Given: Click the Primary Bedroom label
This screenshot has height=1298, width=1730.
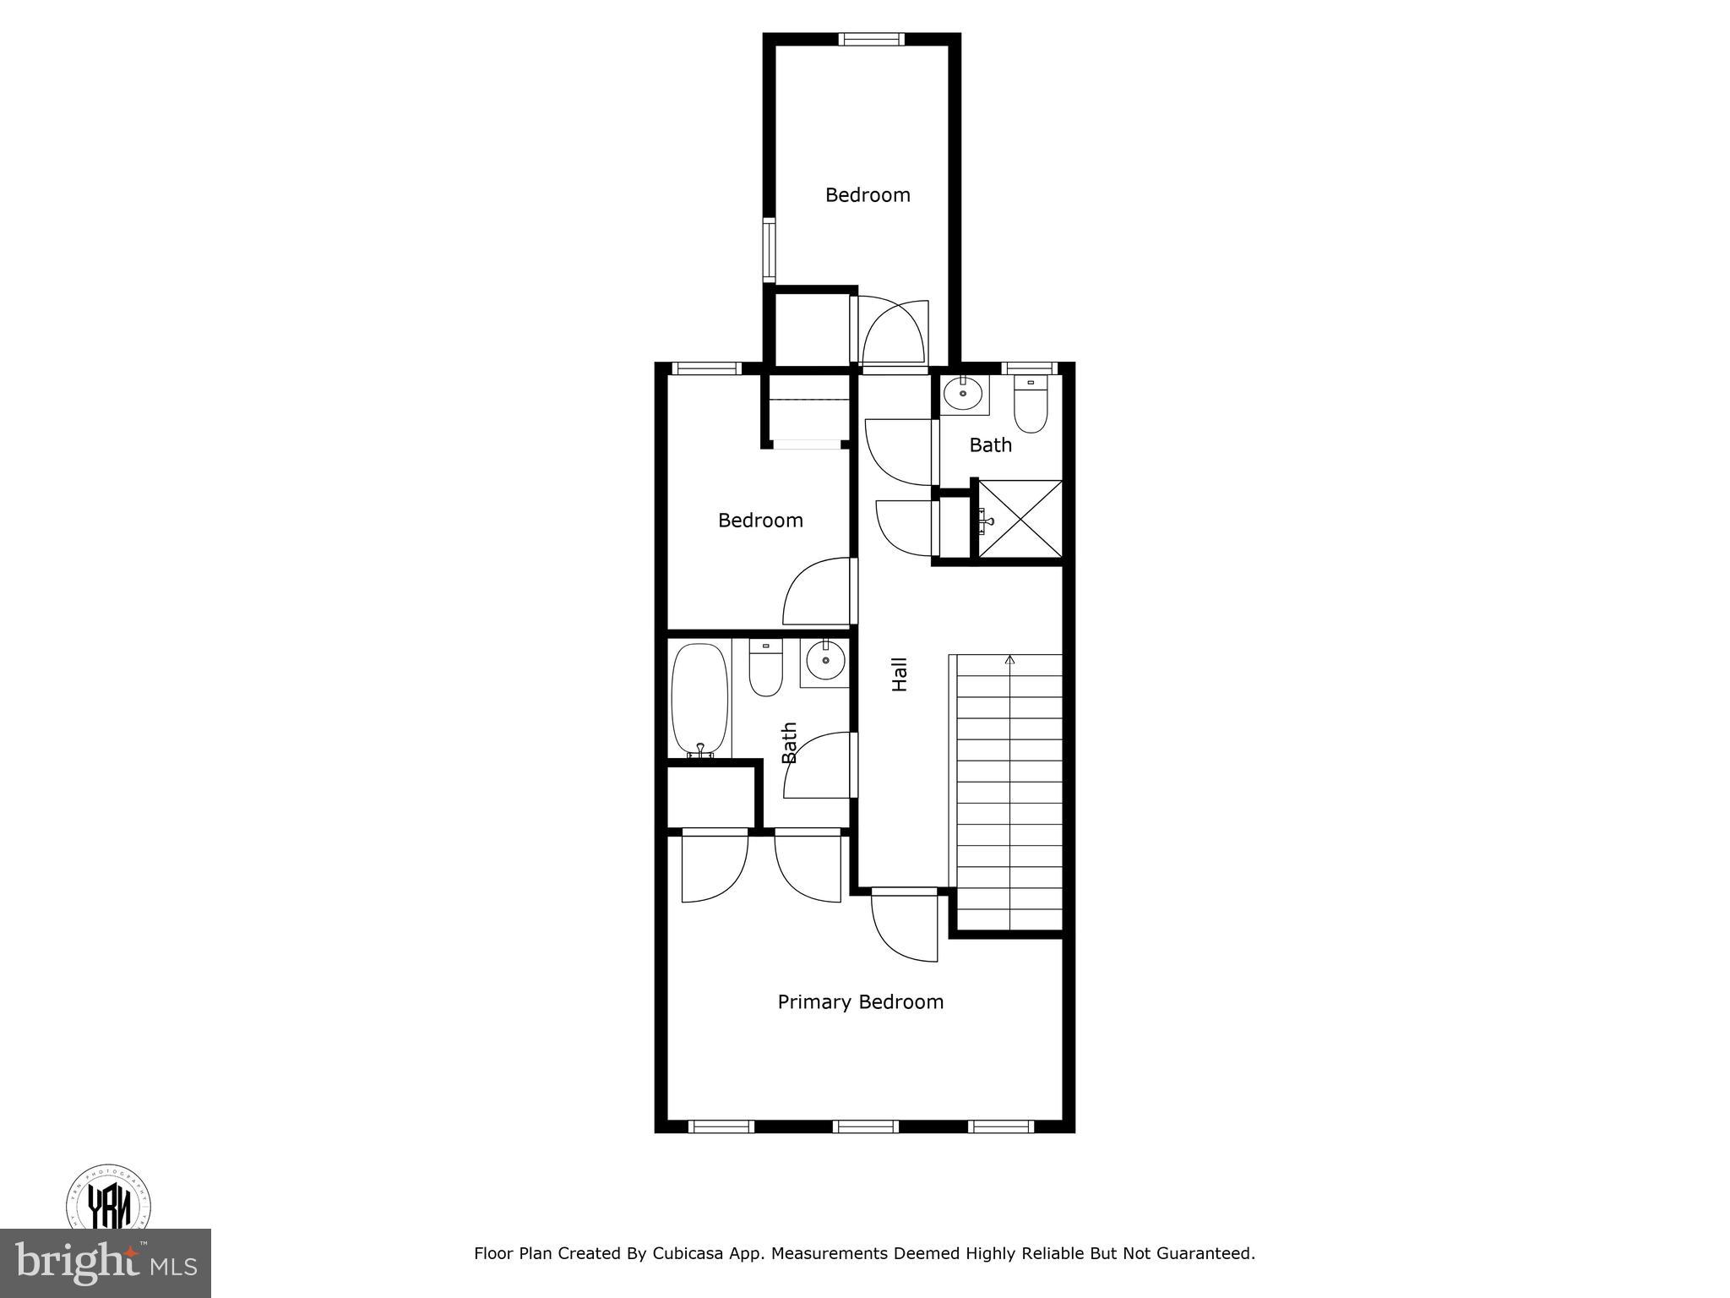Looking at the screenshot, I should (860, 1002).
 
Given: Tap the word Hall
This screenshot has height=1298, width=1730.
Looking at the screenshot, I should (900, 674).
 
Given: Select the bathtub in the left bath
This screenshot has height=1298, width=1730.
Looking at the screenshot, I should (699, 700).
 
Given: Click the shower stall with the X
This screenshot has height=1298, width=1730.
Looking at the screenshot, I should (1020, 519).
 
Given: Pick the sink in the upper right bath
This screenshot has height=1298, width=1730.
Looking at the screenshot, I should (963, 393).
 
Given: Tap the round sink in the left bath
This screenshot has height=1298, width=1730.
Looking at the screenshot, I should (824, 660).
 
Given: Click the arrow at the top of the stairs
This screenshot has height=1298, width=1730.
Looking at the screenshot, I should (1009, 660).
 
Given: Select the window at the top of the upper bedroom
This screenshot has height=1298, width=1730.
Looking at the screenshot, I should (871, 39).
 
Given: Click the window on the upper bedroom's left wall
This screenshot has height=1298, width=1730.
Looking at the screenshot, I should (769, 250).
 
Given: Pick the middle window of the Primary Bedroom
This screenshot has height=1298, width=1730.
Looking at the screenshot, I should (866, 1126).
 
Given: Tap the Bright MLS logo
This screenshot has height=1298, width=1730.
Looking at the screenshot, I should (106, 1263).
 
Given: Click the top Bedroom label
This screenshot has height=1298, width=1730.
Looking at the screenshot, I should (868, 195).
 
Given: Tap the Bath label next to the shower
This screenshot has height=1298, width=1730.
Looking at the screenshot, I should (990, 445).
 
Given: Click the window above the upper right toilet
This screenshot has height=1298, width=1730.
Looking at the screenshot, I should (1030, 368).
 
